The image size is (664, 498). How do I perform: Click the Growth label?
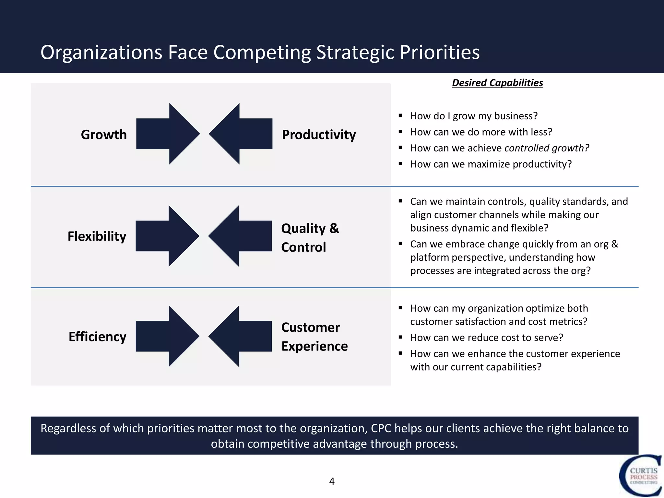pyautogui.click(x=104, y=135)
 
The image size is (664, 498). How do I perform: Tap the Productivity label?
pyautogui.click(x=319, y=135)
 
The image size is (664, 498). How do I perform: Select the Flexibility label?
pyautogui.click(x=97, y=236)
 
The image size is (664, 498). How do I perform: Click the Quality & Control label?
pyautogui.click(x=310, y=238)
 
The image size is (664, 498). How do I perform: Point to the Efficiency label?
pyautogui.click(x=97, y=337)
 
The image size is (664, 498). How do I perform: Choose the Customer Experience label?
pyautogui.click(x=314, y=337)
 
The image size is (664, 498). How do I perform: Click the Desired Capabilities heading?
pyautogui.click(x=497, y=83)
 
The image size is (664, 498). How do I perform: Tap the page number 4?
pyautogui.click(x=332, y=481)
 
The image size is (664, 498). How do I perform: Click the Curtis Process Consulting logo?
pyautogui.click(x=640, y=476)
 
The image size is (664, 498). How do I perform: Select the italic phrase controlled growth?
pyautogui.click(x=547, y=148)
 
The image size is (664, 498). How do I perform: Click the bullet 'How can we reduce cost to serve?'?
pyautogui.click(x=486, y=338)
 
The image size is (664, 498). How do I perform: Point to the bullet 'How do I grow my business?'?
pyautogui.click(x=474, y=116)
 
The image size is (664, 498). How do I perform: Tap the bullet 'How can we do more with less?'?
pyautogui.click(x=481, y=132)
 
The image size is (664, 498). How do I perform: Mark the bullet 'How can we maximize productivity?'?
pyautogui.click(x=491, y=164)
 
